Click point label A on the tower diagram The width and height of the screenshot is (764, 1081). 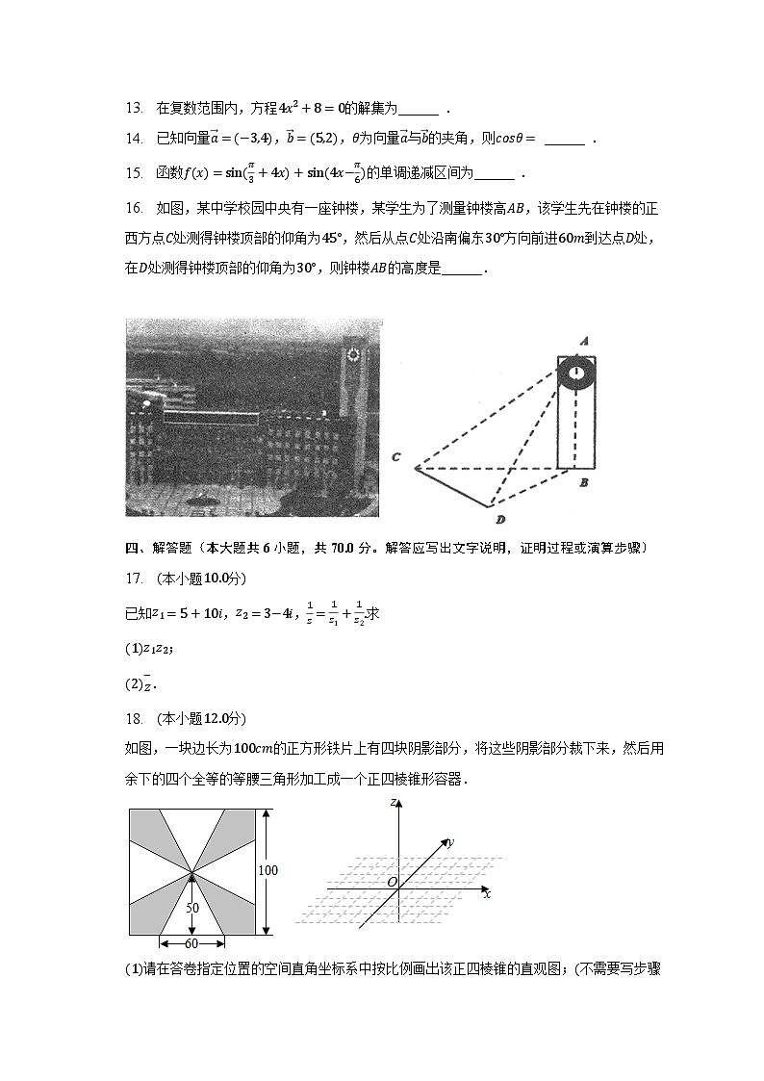[x=584, y=341]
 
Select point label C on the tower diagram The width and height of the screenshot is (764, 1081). [x=395, y=457]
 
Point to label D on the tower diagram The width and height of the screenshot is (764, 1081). [x=500, y=521]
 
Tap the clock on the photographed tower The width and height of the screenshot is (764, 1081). [x=353, y=356]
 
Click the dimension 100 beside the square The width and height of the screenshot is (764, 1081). [x=268, y=871]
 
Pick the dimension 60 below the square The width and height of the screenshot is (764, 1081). [x=192, y=944]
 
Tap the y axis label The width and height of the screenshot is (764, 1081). [x=451, y=842]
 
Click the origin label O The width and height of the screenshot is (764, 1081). [x=391, y=882]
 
